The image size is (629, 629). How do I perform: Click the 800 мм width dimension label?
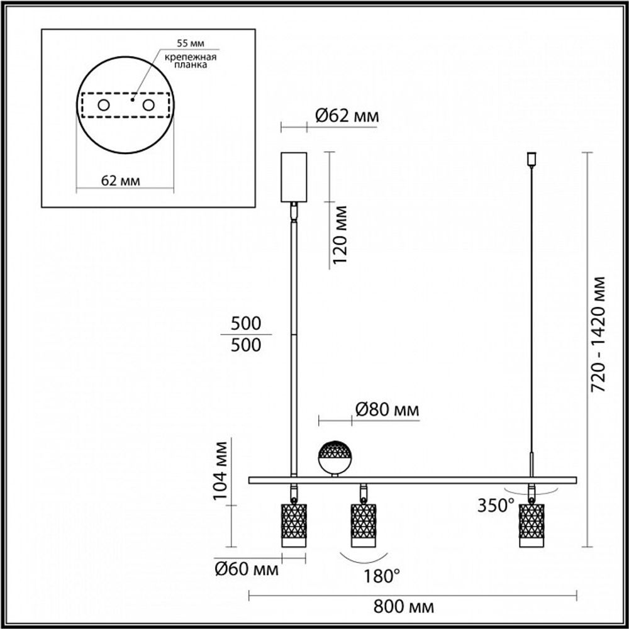coord(412,607)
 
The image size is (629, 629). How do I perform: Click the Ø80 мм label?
coord(387,410)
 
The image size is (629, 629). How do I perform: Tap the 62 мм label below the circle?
coord(120,181)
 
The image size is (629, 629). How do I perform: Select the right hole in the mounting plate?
coord(148,105)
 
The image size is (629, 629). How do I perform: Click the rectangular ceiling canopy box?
coord(293,176)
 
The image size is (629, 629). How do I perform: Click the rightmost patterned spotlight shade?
coord(531,524)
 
